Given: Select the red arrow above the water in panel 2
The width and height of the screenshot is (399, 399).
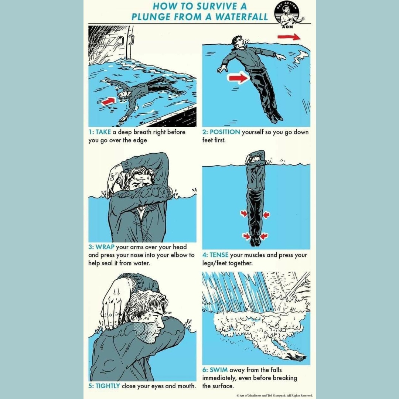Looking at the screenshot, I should [289, 37].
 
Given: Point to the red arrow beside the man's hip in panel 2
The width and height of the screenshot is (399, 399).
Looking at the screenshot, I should [238, 78].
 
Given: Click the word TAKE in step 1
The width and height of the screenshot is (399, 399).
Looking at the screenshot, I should [104, 132].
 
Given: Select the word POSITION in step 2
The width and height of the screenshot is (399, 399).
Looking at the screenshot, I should [225, 132].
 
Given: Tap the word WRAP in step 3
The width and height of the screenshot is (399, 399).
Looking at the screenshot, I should [105, 247].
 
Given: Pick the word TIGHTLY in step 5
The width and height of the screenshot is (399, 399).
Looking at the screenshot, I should [108, 386].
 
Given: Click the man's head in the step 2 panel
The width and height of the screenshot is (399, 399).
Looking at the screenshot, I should [237, 41].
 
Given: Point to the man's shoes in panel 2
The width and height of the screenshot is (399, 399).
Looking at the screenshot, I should [274, 116].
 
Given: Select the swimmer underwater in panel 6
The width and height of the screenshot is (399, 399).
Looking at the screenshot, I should [296, 357].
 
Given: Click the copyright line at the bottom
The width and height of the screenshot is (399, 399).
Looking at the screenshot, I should [275, 395].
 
